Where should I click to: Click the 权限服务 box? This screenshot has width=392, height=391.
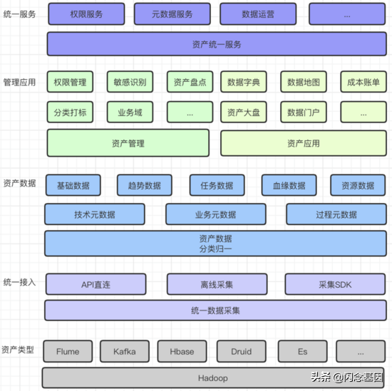[x=86, y=14]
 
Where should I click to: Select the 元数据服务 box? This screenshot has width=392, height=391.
[x=172, y=14]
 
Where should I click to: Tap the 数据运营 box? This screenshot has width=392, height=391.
[x=258, y=14]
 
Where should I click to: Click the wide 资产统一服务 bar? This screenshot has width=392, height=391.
[x=217, y=44]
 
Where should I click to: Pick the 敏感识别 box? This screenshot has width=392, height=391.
[x=130, y=82]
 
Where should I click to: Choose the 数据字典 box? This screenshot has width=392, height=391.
[x=244, y=82]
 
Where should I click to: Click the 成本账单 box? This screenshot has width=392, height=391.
[x=363, y=82]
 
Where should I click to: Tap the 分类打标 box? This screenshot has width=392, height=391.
[x=70, y=113]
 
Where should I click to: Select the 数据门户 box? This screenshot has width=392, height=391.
[x=304, y=113]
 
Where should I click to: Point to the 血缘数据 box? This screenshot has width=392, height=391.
[x=289, y=185]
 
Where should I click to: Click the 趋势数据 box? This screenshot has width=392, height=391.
[x=145, y=185]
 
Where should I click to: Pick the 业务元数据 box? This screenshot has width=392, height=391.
[x=216, y=214]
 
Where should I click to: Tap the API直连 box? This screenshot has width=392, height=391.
[x=96, y=284]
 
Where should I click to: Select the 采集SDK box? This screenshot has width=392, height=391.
[x=335, y=284]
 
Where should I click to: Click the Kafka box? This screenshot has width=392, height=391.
[x=125, y=351]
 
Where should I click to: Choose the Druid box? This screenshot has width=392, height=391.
[x=241, y=351]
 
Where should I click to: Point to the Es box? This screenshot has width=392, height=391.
[x=302, y=351]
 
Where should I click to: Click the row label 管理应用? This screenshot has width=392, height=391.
[x=19, y=82]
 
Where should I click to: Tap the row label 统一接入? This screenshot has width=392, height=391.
[x=19, y=282]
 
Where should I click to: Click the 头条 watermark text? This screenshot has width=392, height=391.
[x=321, y=377]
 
